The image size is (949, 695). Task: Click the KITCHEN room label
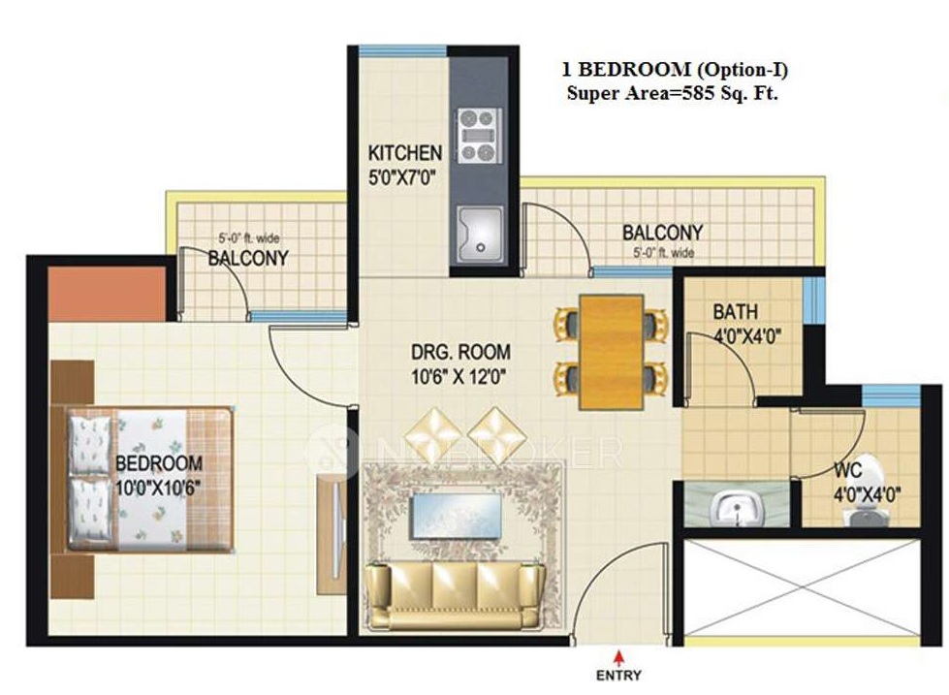(405, 152)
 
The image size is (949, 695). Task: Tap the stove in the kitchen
(479, 136)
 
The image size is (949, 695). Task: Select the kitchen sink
(481, 235)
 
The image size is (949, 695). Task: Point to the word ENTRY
(618, 675)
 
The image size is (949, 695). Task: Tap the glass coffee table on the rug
(457, 517)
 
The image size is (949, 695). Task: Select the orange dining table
(612, 352)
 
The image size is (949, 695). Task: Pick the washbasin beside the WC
(735, 506)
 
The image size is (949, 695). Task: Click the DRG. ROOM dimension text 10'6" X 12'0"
(459, 377)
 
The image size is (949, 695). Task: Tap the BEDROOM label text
(159, 463)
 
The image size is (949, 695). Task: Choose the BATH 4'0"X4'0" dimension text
(747, 335)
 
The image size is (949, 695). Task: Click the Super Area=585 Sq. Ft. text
(673, 94)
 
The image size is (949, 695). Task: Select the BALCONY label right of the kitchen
(662, 233)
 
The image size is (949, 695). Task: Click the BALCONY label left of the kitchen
(248, 259)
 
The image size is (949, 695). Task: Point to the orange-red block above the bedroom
(108, 294)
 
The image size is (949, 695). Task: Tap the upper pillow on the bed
(89, 445)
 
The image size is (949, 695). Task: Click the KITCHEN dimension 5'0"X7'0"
(402, 178)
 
